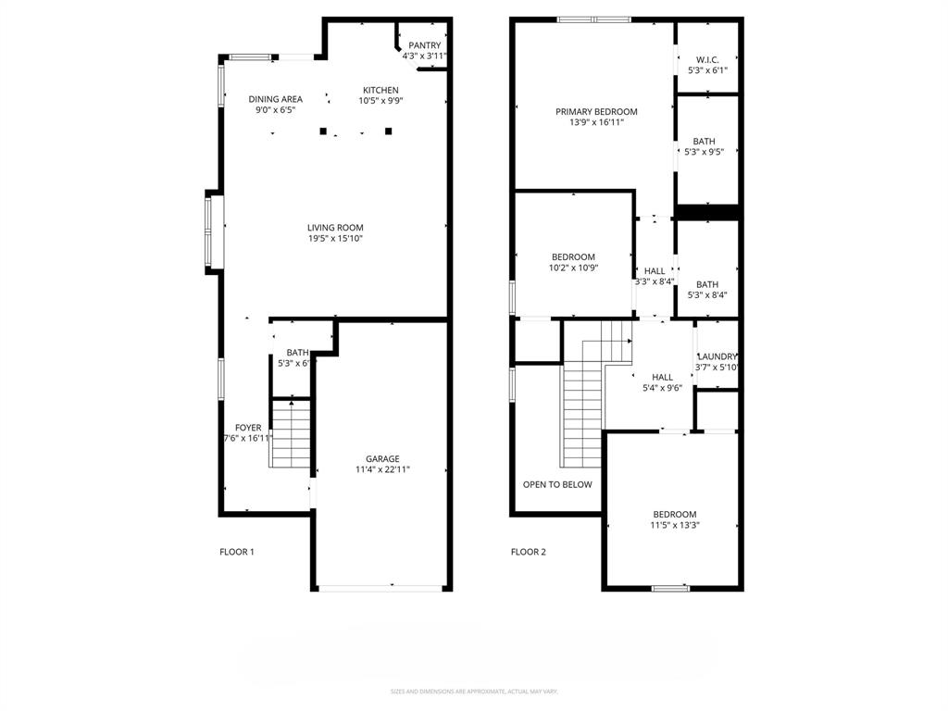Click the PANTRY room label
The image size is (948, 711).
click(424, 45)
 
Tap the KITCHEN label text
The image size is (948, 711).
click(380, 90)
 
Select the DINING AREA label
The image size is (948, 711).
click(275, 99)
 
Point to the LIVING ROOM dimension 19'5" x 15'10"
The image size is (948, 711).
click(335, 239)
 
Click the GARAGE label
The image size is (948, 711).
click(382, 458)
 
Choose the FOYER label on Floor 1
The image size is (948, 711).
click(248, 428)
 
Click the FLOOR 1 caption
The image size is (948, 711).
click(236, 552)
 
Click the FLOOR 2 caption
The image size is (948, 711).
click(528, 552)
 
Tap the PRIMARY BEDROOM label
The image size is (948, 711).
click(596, 111)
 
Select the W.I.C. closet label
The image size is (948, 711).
click(707, 59)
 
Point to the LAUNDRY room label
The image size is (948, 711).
click(717, 356)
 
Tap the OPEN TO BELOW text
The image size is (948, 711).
click(557, 484)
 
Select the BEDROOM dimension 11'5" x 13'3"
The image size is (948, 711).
click(674, 526)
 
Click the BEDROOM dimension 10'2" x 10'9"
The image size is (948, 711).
click(573, 268)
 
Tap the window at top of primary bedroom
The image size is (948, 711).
click(593, 19)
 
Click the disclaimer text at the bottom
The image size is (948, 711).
click(474, 692)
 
